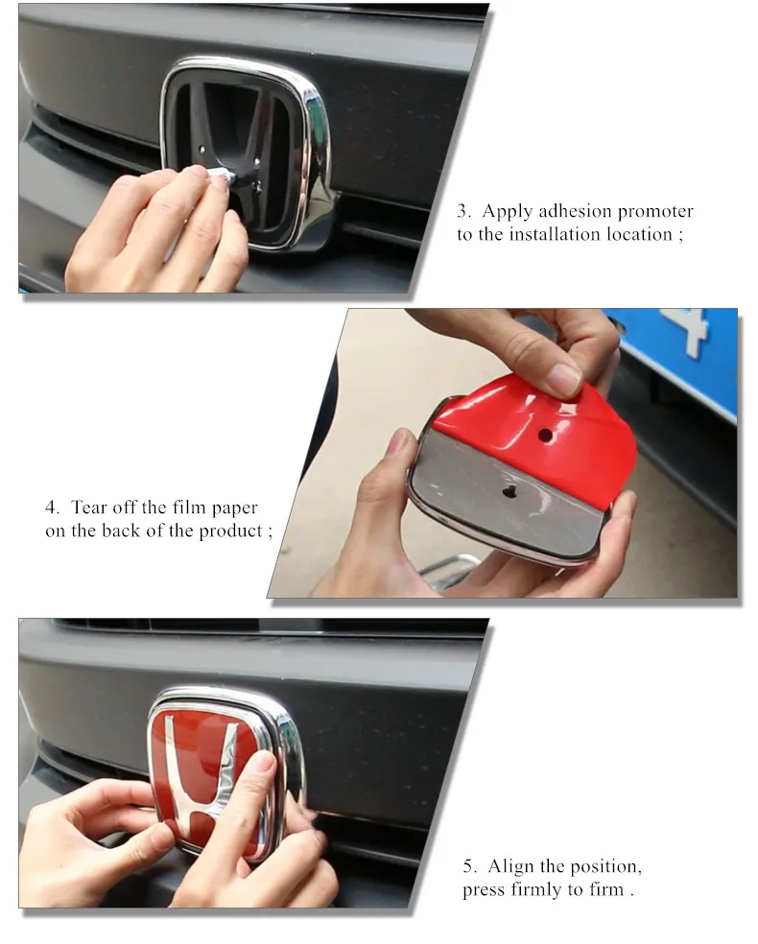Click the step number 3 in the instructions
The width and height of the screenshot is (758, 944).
click(x=463, y=211)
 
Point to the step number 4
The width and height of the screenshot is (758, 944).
click(x=52, y=507)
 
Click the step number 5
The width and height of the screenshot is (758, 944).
click(x=469, y=866)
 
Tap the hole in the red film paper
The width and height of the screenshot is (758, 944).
click(x=545, y=435)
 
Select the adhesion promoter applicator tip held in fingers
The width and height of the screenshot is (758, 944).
click(x=221, y=177)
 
